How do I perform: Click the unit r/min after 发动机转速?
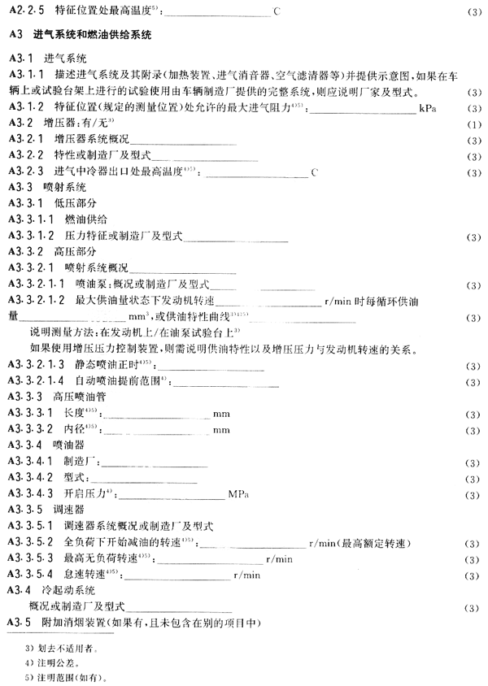point(337,301)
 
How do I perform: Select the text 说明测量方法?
point(63,332)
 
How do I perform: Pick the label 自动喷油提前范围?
point(105,381)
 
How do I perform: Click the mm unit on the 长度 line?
point(221,413)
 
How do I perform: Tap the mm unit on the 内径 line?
point(221,429)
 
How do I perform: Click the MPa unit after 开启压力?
point(238,493)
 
